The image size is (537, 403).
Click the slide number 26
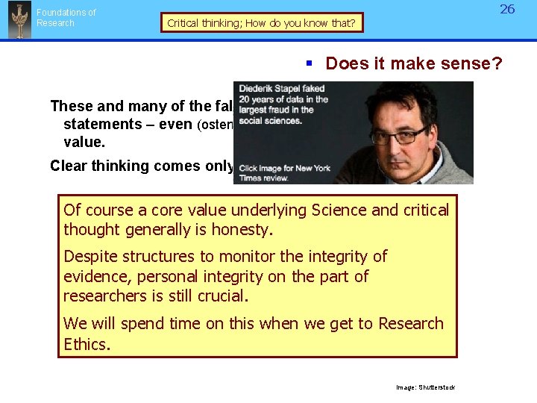point(507,10)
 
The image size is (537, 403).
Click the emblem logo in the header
point(19,20)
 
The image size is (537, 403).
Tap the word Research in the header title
point(56,23)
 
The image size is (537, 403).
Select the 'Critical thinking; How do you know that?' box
point(261,23)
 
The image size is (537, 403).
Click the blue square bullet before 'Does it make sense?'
point(308,64)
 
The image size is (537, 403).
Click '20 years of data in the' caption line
point(283,99)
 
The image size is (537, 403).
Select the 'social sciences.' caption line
point(270,120)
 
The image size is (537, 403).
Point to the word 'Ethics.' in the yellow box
point(87,344)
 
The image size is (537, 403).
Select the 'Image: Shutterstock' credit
point(425,387)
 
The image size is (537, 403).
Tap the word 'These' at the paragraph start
point(69,106)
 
